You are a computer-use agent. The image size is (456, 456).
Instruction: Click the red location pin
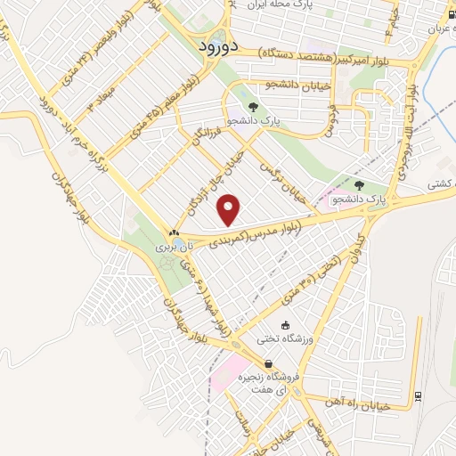click(230, 209)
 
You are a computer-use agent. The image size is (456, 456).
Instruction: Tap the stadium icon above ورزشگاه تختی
click(285, 326)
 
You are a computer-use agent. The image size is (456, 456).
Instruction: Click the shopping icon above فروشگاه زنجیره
click(268, 363)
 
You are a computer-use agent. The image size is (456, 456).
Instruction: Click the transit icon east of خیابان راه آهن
click(419, 395)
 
